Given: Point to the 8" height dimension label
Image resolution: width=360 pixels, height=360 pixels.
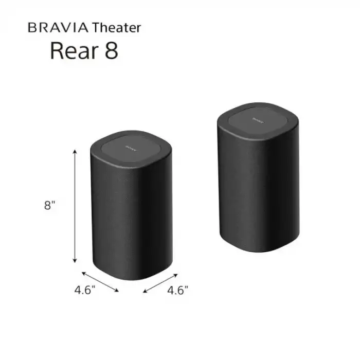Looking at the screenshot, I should pyautogui.click(x=50, y=206).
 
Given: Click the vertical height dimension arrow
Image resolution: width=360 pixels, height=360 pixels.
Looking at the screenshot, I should pyautogui.click(x=75, y=206).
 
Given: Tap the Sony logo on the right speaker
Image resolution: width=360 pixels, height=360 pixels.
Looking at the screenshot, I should pyautogui.click(x=258, y=117).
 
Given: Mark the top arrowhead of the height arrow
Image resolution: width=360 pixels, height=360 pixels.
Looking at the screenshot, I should pyautogui.click(x=75, y=152).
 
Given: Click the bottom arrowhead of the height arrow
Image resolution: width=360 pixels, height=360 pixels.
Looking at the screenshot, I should pyautogui.click(x=75, y=260).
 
